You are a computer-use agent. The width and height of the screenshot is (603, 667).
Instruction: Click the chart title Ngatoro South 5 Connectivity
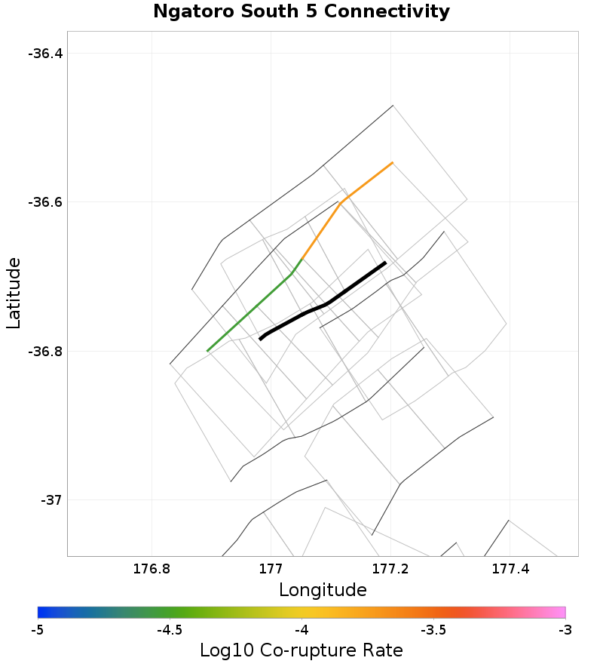click(x=301, y=12)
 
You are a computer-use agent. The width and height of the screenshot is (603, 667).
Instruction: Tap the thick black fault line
click(x=327, y=303)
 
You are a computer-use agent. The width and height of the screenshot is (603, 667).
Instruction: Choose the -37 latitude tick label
click(x=52, y=500)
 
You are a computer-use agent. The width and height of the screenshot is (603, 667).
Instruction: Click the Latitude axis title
click(x=14, y=293)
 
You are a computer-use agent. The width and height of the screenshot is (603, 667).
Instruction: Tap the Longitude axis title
click(x=323, y=590)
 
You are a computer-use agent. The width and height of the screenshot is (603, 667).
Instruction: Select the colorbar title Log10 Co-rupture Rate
click(x=301, y=650)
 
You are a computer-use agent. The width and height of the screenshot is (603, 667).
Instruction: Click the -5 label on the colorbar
click(x=38, y=629)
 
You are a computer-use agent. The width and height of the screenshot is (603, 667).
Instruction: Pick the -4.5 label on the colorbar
click(x=169, y=629)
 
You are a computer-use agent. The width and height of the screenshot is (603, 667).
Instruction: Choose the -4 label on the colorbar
click(x=301, y=629)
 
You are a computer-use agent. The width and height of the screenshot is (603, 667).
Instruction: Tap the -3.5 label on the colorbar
click(x=433, y=629)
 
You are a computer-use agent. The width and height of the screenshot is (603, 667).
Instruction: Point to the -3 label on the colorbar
click(x=565, y=629)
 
